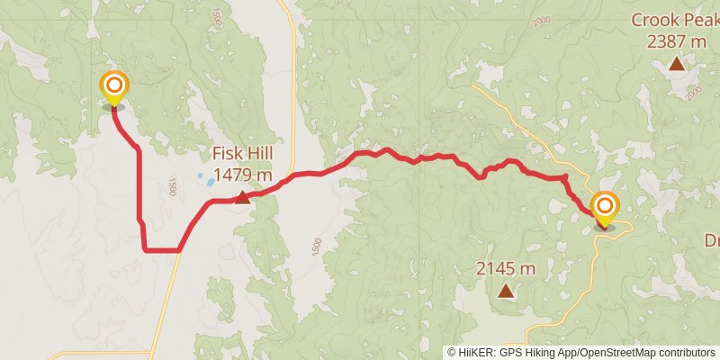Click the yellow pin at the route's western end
pyautogui.click(x=114, y=87)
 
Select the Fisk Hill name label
pyautogui.click(x=242, y=153)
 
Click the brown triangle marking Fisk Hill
pyautogui.click(x=242, y=197)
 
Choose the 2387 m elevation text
pyautogui.click(x=676, y=40)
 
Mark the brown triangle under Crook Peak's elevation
pyautogui.click(x=676, y=63)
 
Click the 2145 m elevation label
pyautogui.click(x=506, y=268)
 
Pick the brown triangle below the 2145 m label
pyautogui.click(x=506, y=291)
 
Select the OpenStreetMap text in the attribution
pyautogui.click(x=617, y=352)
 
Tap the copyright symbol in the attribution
pyautogui.click(x=452, y=352)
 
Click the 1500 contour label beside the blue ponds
pyautogui.click(x=171, y=187)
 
